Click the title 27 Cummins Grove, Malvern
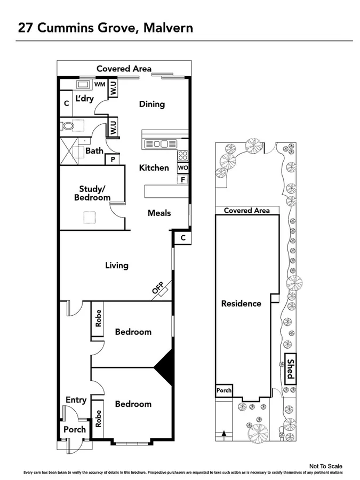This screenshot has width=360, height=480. (105, 28)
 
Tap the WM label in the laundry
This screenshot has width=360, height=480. (99, 84)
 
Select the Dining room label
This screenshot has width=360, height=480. (151, 104)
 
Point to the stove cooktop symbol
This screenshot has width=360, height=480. (182, 156)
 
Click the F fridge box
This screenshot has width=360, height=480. (183, 180)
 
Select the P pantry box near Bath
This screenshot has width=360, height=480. (113, 159)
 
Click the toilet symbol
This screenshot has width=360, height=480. (67, 126)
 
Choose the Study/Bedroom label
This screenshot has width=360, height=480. (94, 193)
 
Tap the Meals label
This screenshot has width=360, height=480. (159, 213)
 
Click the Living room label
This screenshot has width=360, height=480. (116, 265)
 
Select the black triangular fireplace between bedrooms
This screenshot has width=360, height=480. (165, 367)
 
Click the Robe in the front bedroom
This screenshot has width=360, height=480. (98, 418)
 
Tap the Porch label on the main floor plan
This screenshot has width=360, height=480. (75, 429)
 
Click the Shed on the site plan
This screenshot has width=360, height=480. (290, 369)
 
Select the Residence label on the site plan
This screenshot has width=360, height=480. (241, 303)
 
